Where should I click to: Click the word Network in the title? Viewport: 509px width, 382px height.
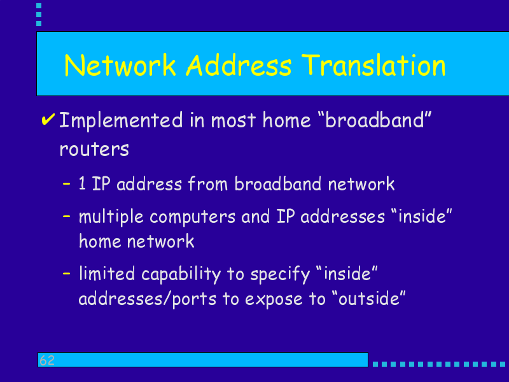pos(120,65)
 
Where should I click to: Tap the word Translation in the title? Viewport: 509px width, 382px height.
pos(373,65)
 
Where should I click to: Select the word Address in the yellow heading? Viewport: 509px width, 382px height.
pos(239,65)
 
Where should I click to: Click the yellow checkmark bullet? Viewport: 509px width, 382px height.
pos(48,119)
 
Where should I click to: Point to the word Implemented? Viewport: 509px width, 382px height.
pos(121,121)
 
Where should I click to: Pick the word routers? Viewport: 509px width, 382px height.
pos(94,149)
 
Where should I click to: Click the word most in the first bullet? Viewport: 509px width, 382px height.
pos(233,120)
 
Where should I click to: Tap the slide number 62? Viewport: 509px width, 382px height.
pos(47,360)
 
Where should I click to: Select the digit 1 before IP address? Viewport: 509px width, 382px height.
pos(82,183)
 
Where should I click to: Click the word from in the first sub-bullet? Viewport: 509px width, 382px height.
pos(208,183)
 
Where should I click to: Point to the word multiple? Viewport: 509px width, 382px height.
pos(111,217)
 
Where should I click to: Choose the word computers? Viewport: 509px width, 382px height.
pos(193,217)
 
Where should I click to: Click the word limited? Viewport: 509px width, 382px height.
pos(107,274)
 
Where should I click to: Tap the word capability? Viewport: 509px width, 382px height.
pos(181,274)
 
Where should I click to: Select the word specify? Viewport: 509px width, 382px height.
pos(281,274)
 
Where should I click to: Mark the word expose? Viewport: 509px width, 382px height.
pos(274,299)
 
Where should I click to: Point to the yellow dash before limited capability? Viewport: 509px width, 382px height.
pos(67,274)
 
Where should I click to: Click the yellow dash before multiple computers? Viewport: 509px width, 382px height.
pos(67,216)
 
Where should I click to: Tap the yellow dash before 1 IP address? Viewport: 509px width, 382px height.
pos(67,183)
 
